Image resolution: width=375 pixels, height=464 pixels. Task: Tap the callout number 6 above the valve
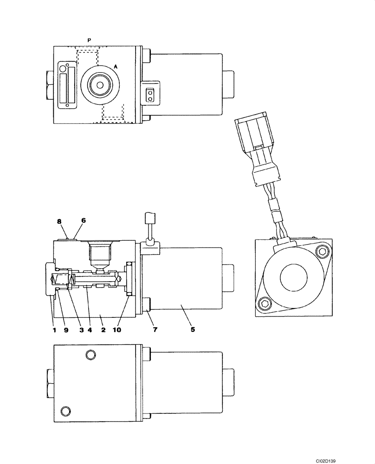84,222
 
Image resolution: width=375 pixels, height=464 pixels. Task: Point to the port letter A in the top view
116,67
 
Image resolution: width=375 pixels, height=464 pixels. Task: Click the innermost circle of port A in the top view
100,85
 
